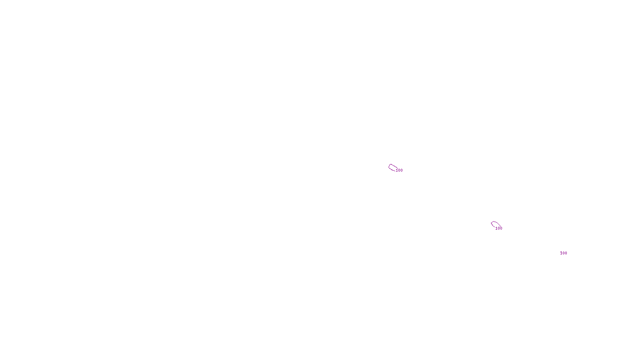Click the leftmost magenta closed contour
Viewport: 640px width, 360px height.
[392, 168]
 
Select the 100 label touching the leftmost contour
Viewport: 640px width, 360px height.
[399, 170]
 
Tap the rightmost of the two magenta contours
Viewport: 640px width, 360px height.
[495, 224]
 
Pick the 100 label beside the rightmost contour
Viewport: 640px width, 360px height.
[499, 228]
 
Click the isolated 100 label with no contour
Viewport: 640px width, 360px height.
[564, 253]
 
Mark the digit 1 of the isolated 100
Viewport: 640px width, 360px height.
[561, 253]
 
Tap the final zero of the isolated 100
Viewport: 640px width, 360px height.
[566, 253]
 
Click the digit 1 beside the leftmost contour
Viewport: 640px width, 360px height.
[397, 170]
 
